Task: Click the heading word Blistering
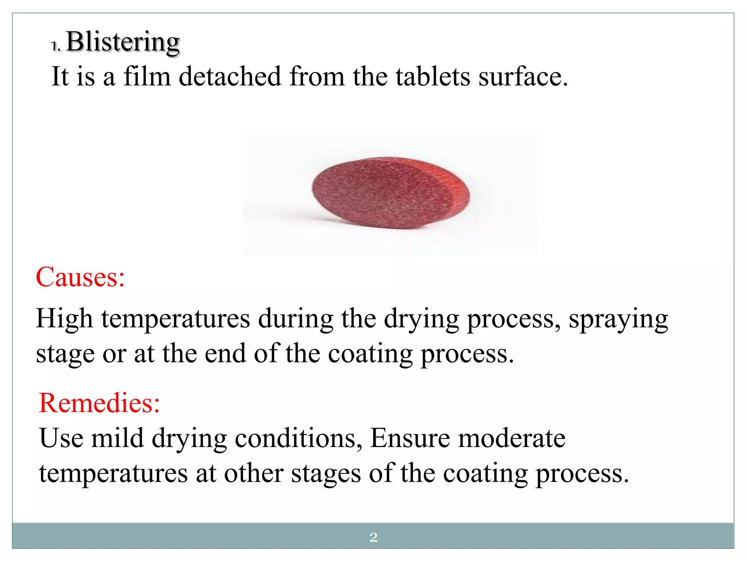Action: tap(123, 42)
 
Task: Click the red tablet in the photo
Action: tap(390, 193)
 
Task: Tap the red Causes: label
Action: tap(80, 277)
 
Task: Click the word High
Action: tap(64, 319)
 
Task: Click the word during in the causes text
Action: tap(295, 319)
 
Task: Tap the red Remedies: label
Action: tap(99, 403)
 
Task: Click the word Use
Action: tap(61, 438)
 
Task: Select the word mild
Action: tap(117, 438)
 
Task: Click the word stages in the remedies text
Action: tap(326, 474)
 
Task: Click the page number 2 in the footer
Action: tap(373, 537)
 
